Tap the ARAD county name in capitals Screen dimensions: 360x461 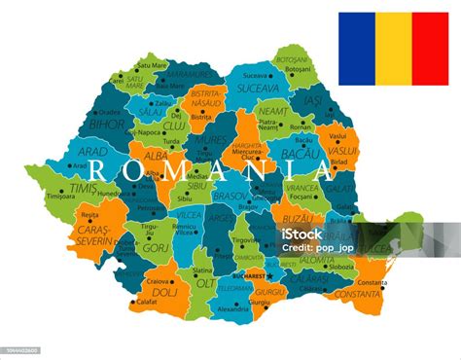pyautogui.click(x=93, y=153)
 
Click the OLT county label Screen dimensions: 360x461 pyautogui.click(x=206, y=283)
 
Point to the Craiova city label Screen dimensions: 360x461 pyautogui.click(x=157, y=280)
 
